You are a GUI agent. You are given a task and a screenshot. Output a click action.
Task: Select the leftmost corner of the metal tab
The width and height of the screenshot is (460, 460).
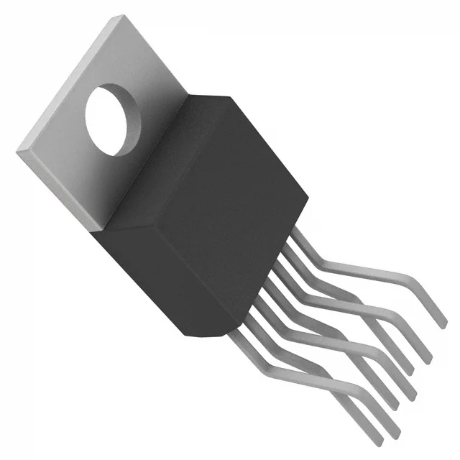coord(17,149)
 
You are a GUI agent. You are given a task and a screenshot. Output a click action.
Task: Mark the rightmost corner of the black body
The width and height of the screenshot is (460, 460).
coord(308,194)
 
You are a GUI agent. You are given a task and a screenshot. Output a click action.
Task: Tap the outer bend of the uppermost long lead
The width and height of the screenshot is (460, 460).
coord(402,277)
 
